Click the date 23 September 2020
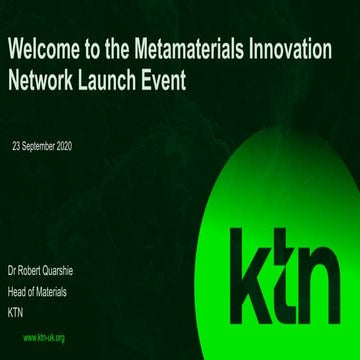(x=42, y=146)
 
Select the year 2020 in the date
(x=62, y=146)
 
